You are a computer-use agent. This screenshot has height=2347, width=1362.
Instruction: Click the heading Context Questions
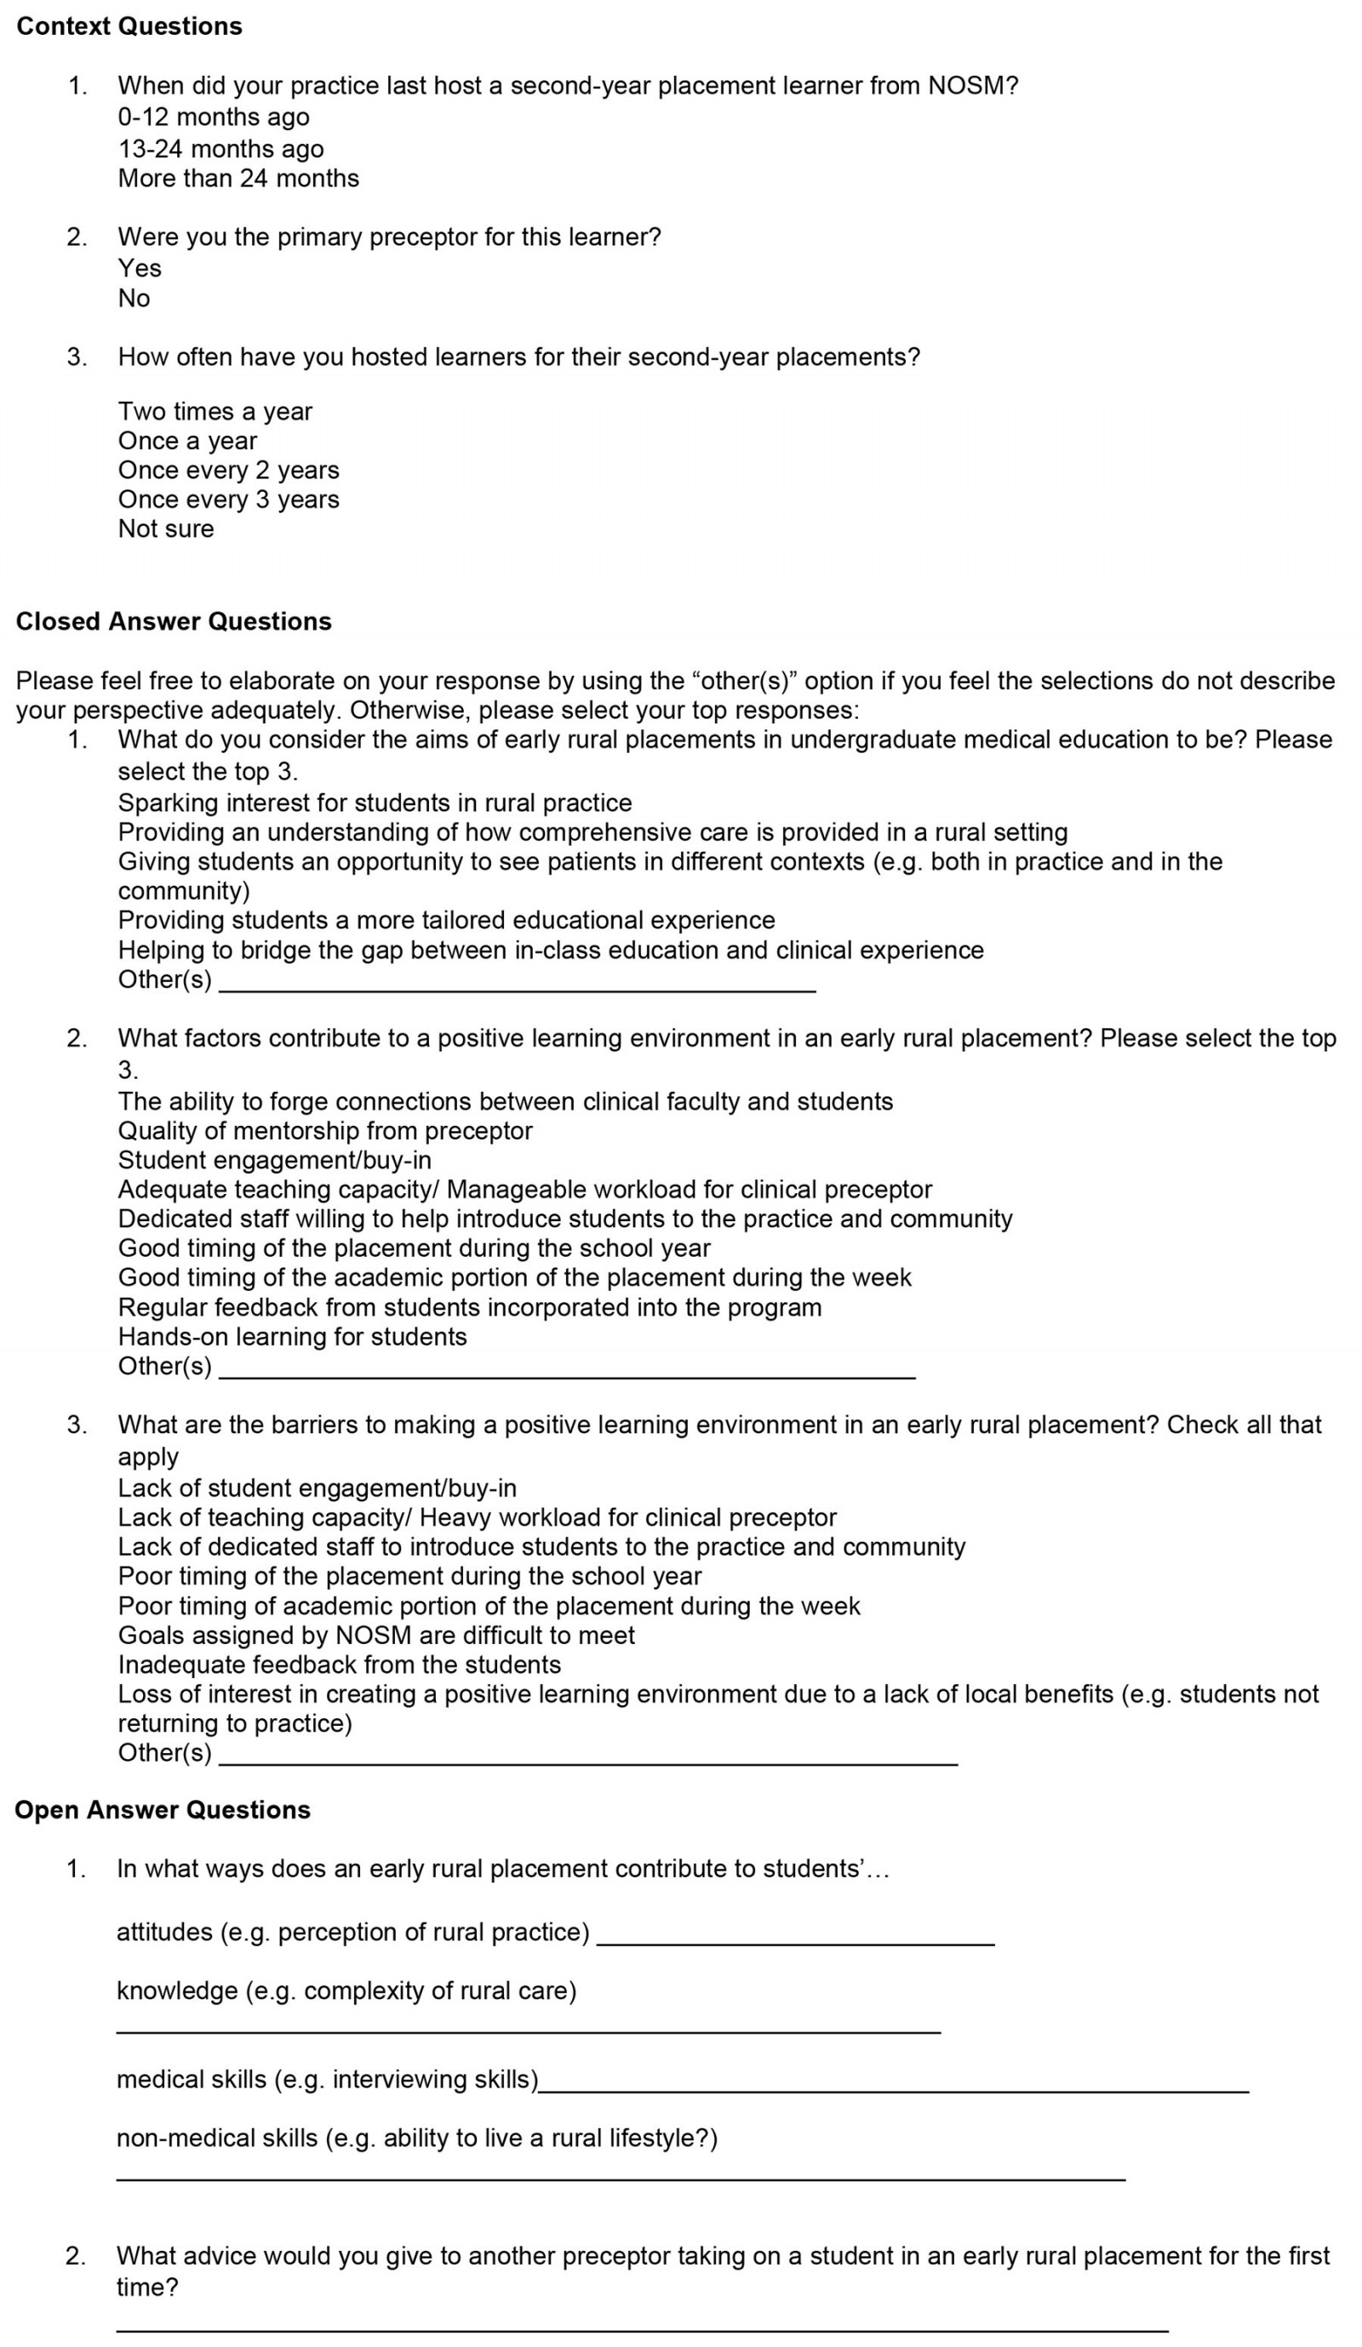129,26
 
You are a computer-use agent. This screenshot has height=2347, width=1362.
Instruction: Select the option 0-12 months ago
214,117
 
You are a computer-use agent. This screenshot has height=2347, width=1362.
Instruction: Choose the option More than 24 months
237,178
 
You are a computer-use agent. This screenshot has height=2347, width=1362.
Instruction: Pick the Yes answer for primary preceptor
140,268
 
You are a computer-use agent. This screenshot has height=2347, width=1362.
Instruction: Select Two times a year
215,412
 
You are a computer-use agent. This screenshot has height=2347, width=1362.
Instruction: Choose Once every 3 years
228,500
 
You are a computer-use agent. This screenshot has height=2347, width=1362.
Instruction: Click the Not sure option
166,529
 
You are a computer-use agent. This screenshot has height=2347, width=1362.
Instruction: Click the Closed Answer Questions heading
174,621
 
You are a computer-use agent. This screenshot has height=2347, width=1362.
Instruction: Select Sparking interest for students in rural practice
375,802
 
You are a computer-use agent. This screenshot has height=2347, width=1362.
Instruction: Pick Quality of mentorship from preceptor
325,1131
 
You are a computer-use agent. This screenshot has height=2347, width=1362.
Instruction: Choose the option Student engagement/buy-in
274,1160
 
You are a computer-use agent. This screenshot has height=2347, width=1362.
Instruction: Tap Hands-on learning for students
292,1337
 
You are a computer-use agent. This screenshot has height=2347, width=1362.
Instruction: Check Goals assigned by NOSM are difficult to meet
376,1635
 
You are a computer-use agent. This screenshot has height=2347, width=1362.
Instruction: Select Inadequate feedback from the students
339,1665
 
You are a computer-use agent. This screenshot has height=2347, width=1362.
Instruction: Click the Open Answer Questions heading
162,1810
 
